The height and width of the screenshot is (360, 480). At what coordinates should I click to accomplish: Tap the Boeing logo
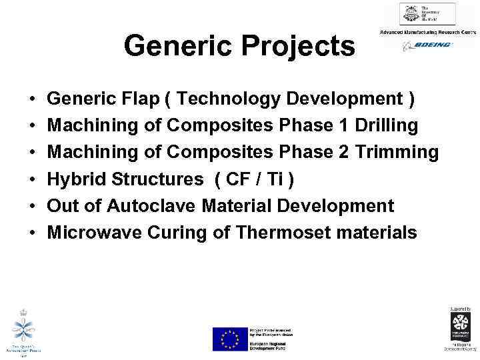pyautogui.click(x=427, y=45)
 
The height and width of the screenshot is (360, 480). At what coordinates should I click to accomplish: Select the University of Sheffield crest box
pyautogui.click(x=427, y=14)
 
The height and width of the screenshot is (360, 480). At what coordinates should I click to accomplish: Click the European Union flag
pyautogui.click(x=229, y=339)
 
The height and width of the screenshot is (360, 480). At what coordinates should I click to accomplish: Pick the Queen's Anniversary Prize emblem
pyautogui.click(x=23, y=330)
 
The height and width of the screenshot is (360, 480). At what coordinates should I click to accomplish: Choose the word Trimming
pyautogui.click(x=397, y=153)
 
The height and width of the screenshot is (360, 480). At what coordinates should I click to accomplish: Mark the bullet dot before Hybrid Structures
pyautogui.click(x=33, y=180)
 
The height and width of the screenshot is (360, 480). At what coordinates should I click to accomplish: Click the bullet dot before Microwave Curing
pyautogui.click(x=33, y=233)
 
